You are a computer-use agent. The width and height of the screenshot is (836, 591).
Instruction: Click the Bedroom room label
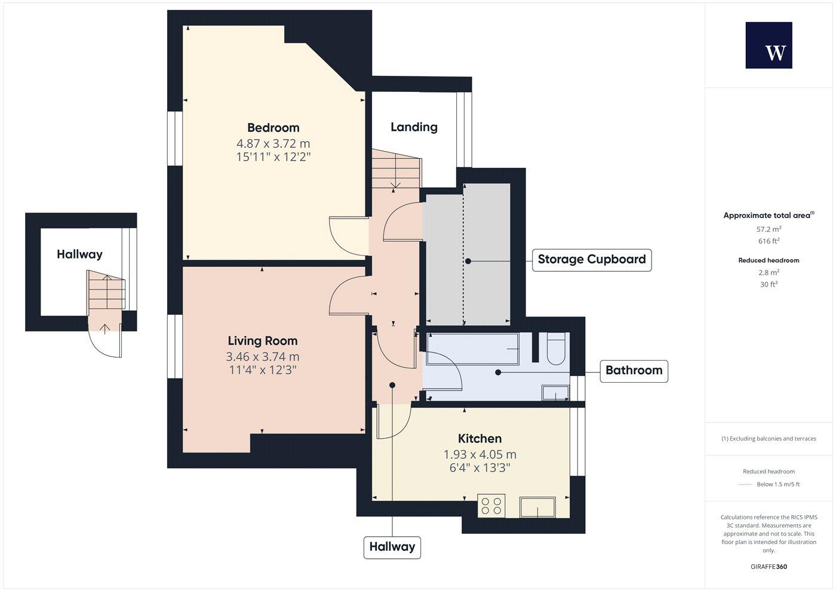click(x=273, y=128)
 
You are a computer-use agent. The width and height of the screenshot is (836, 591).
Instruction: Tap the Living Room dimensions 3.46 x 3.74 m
click(x=262, y=357)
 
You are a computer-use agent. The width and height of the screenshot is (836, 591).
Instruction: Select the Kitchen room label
click(x=480, y=439)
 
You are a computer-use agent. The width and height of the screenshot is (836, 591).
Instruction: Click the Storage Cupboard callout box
click(x=591, y=260)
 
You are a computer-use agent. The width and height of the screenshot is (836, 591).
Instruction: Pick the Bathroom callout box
click(x=634, y=371)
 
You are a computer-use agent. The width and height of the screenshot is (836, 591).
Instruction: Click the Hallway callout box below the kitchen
click(x=392, y=547)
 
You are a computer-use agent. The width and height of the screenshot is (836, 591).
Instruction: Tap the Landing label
click(x=414, y=127)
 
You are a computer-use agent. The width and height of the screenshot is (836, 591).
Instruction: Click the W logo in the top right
click(x=769, y=45)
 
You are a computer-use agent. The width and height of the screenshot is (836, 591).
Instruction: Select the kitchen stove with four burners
click(x=491, y=506)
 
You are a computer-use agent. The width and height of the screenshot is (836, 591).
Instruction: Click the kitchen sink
click(x=538, y=507)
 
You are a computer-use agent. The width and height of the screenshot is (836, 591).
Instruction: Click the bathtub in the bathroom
click(x=472, y=349)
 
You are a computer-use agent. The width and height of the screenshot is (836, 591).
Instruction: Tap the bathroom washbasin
click(x=555, y=392)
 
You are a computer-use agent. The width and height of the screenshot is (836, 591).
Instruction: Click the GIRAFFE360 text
click(x=769, y=567)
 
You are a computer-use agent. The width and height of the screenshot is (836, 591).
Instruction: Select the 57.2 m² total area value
click(x=769, y=229)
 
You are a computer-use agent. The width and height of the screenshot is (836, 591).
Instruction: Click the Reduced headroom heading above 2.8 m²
click(x=769, y=260)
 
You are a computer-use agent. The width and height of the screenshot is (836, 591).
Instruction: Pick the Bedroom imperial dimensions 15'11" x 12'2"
click(x=273, y=157)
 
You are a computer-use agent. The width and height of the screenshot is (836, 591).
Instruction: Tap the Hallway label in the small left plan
click(x=79, y=254)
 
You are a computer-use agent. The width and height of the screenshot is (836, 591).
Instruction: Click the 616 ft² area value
click(x=769, y=241)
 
